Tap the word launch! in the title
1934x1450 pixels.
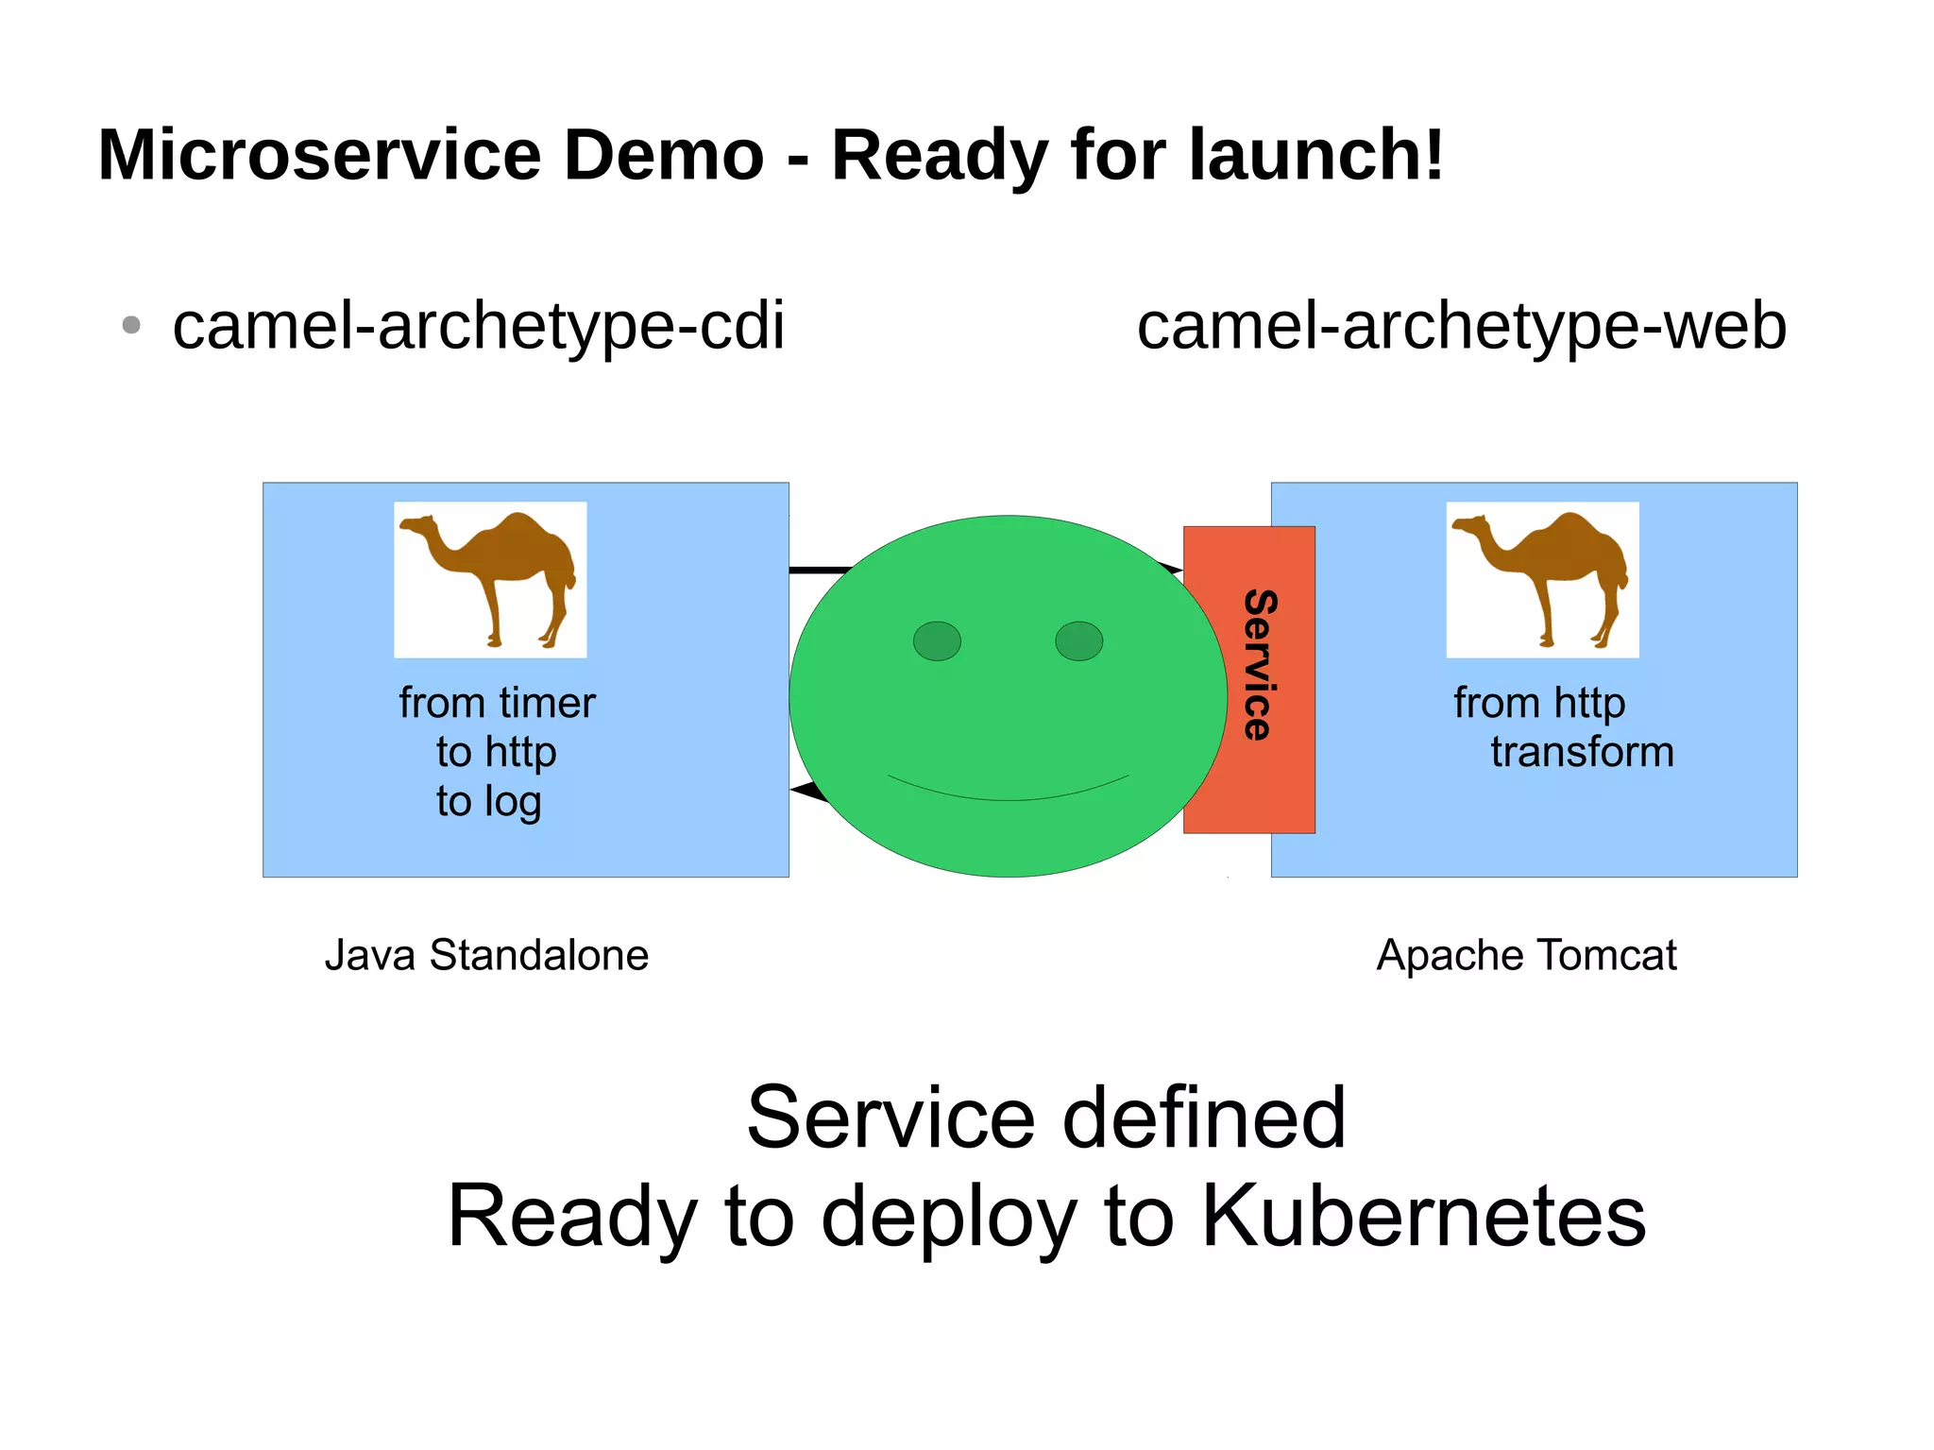coord(1316,155)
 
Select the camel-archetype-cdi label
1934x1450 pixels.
coord(478,327)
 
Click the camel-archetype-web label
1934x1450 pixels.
coord(1461,327)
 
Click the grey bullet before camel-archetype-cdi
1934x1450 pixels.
coord(131,326)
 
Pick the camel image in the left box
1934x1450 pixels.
coord(490,579)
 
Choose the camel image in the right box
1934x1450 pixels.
coord(1542,579)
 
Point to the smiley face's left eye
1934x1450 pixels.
coord(937,641)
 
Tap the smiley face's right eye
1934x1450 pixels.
coord(1078,641)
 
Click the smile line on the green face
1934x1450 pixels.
coord(1009,796)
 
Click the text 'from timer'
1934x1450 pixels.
coord(497,704)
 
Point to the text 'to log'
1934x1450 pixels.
coord(488,802)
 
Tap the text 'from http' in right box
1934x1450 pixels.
coord(1539,704)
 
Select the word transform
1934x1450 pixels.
coord(1582,753)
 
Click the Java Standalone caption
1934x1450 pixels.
coord(486,955)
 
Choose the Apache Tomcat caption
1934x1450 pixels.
coord(1526,955)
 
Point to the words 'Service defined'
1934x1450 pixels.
coord(1046,1118)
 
